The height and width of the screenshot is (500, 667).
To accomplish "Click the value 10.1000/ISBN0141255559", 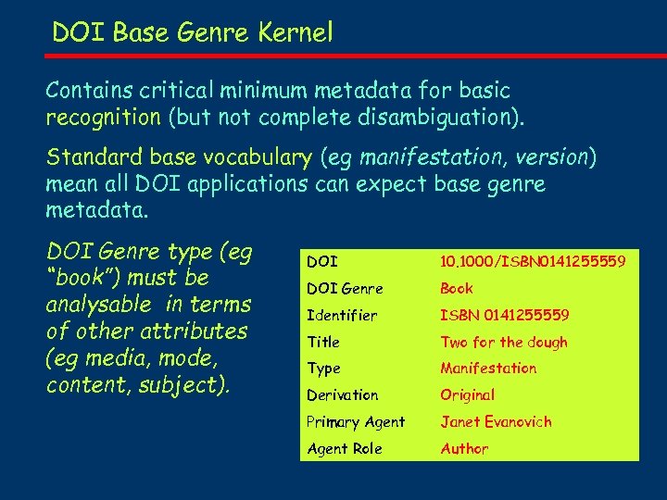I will (x=533, y=262).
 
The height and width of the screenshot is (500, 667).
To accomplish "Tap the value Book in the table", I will (x=457, y=289).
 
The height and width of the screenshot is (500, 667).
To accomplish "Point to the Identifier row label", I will (x=342, y=316).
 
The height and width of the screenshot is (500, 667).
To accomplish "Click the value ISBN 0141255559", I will (x=505, y=316).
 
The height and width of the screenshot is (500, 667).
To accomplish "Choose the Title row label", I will (x=323, y=343).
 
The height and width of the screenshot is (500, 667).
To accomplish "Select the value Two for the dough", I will (x=504, y=343).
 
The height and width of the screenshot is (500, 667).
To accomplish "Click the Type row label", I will (x=323, y=369).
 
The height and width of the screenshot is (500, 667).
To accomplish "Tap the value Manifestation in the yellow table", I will (x=488, y=369).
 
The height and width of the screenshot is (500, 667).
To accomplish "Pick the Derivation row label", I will (x=342, y=395).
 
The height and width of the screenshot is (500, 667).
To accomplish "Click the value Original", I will (x=468, y=395).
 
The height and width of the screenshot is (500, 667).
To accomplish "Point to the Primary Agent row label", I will (x=356, y=422).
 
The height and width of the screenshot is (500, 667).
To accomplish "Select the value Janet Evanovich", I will (x=496, y=422).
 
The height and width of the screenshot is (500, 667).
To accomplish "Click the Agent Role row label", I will (x=344, y=449).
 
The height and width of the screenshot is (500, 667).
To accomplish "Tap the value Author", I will (x=464, y=449).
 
